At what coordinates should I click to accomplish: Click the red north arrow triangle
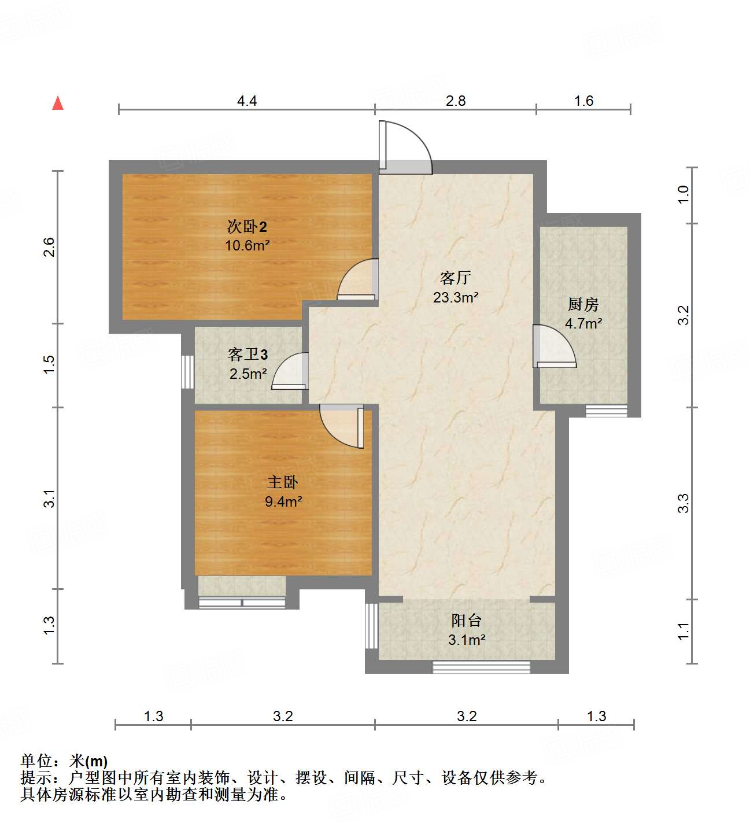[x=58, y=103]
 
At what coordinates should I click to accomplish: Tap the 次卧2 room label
[x=247, y=226]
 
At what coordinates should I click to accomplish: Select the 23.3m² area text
[x=456, y=298]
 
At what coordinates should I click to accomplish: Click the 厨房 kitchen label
[x=583, y=304]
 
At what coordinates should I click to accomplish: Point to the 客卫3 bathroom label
[x=247, y=354]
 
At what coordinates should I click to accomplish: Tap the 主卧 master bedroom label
[x=283, y=482]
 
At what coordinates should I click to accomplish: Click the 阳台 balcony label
[x=466, y=621]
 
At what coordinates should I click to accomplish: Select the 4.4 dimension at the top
[x=247, y=101]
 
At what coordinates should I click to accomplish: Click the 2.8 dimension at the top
[x=456, y=101]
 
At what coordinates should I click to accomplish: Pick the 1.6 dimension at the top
[x=583, y=101]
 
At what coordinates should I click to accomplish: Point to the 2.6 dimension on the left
[x=49, y=247]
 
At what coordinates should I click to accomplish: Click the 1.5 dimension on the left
[x=49, y=364]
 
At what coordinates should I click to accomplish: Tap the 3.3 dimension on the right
[x=684, y=503]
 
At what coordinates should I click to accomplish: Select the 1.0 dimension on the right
[x=684, y=194]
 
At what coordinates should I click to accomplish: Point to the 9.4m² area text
[x=283, y=501]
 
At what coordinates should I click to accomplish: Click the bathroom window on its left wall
[x=187, y=371]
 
